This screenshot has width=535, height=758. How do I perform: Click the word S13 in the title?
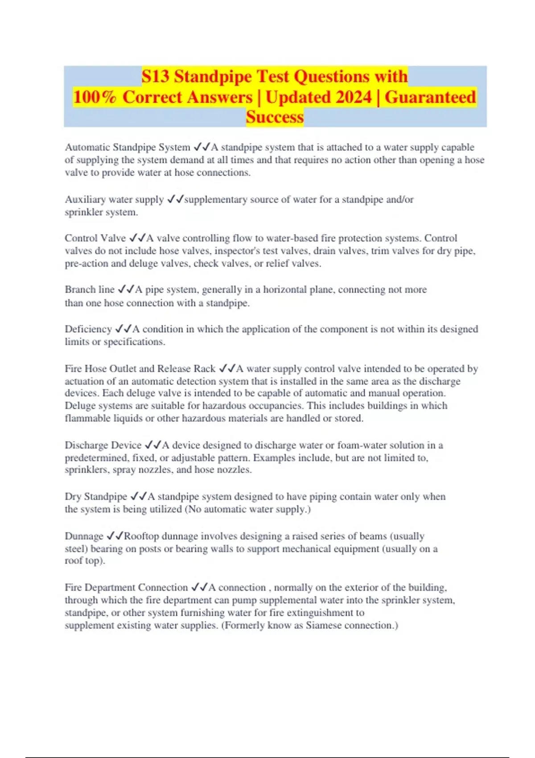156,76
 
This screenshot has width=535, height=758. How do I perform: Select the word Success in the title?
275,117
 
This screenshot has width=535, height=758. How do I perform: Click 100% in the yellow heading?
95,97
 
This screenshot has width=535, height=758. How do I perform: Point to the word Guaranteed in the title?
430,97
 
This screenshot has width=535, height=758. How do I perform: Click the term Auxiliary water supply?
114,199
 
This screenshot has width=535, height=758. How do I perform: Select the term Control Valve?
95,238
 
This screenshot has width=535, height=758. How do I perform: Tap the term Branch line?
90,289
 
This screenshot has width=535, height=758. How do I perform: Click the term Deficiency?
88,329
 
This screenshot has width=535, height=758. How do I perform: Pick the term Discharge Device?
103,445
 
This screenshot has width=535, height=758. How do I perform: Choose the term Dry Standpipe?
96,496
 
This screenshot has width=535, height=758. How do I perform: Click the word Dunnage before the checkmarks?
84,536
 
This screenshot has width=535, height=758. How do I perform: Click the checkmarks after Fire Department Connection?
199,587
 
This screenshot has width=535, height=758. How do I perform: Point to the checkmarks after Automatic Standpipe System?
202,147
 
